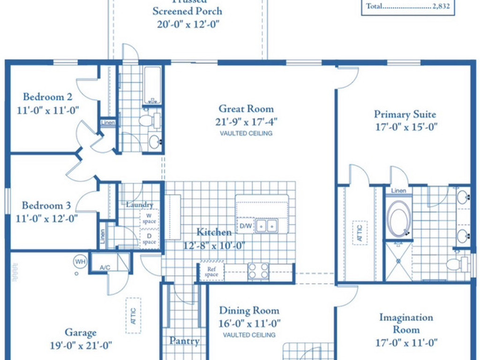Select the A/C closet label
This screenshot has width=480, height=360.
coord(105,267)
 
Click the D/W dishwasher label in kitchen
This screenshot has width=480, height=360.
coord(245,226)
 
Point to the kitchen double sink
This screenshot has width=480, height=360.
coord(266,225)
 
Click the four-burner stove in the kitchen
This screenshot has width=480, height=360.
coord(258,271)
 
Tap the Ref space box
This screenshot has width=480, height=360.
coord(209,272)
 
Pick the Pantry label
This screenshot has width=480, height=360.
coord(184,341)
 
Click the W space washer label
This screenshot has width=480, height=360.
coord(150,218)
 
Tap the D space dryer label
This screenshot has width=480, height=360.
coord(150,239)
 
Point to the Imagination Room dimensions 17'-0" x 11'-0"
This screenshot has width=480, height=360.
coord(406,343)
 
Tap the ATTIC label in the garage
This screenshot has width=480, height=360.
coord(133,316)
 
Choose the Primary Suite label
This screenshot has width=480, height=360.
coord(405,114)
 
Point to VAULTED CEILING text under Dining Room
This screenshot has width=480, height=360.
coord(249,335)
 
